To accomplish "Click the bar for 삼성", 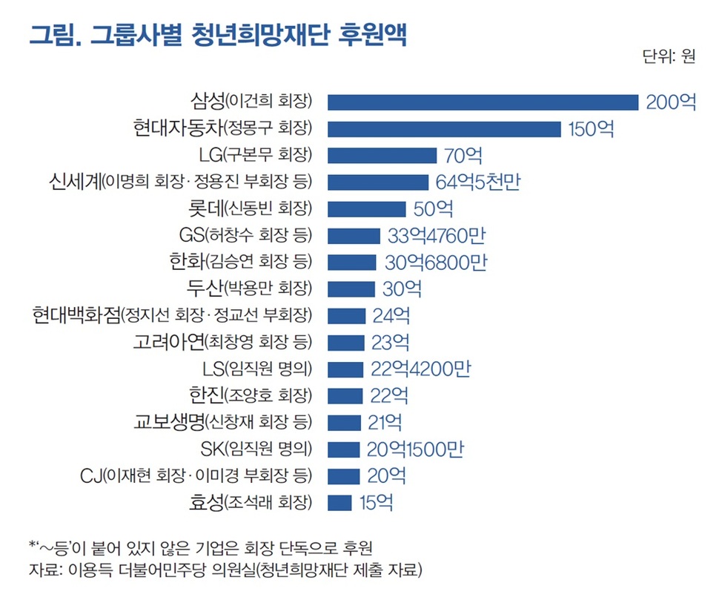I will click(483, 102).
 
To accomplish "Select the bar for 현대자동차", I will click(444, 129).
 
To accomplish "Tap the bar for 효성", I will click(339, 502).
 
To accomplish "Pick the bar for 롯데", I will click(367, 209).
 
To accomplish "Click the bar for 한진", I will click(345, 395).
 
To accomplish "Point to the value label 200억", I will click(671, 102).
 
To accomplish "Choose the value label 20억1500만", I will click(416, 449).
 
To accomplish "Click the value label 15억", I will click(376, 502).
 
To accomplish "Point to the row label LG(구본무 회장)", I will click(256, 156).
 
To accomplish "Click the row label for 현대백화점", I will click(172, 315).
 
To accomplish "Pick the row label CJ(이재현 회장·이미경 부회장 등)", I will click(196, 475).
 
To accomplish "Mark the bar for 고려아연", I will click(345, 342).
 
